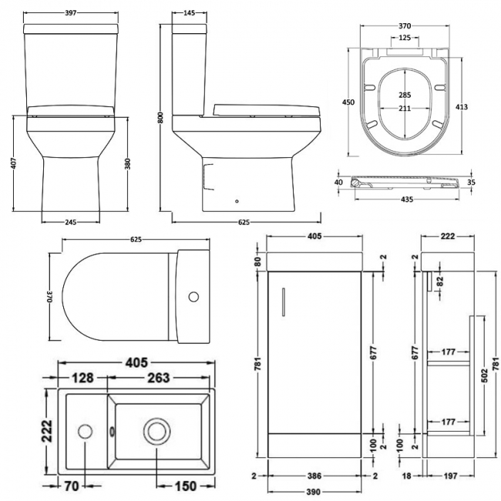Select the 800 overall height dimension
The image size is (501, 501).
[x=161, y=118]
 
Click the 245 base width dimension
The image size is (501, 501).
[x=71, y=223]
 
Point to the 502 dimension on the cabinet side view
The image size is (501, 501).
[x=486, y=375]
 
